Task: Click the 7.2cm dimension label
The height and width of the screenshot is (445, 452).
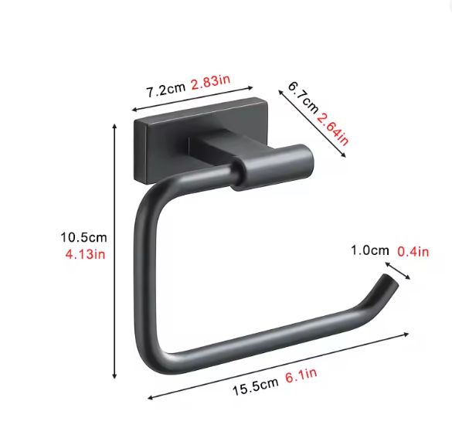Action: pos(166,89)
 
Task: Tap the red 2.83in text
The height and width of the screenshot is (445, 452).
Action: pos(211,81)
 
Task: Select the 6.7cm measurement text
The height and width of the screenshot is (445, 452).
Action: pos(303,97)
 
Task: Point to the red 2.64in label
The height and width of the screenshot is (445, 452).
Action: pos(333,129)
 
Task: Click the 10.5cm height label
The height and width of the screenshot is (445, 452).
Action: pos(83,237)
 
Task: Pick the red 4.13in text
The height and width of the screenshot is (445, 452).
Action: pos(85,254)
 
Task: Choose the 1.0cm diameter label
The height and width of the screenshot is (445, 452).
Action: pos(370,250)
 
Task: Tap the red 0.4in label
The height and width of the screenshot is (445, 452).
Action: pos(413,252)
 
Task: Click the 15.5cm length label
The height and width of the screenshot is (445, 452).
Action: pos(256,387)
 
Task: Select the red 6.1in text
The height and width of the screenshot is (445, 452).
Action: pos(301,375)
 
